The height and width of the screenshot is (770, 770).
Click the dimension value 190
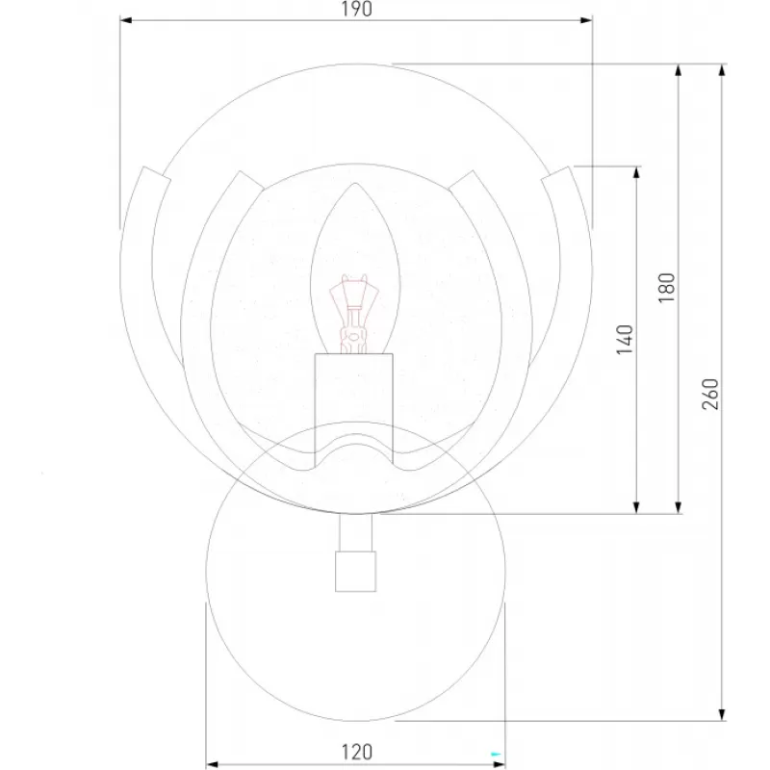point(356,9)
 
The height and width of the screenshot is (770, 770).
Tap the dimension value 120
point(357,752)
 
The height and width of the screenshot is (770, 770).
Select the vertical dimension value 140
point(625,340)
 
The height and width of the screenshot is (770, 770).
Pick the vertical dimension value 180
point(667,287)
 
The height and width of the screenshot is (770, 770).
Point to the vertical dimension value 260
point(710,394)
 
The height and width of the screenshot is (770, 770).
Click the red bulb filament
point(354,314)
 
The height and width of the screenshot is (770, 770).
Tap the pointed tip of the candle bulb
point(355,184)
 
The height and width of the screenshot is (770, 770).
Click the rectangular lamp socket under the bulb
point(353,410)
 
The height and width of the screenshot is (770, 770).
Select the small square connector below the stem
point(355,571)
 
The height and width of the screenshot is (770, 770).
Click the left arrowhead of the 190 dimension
point(126,20)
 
